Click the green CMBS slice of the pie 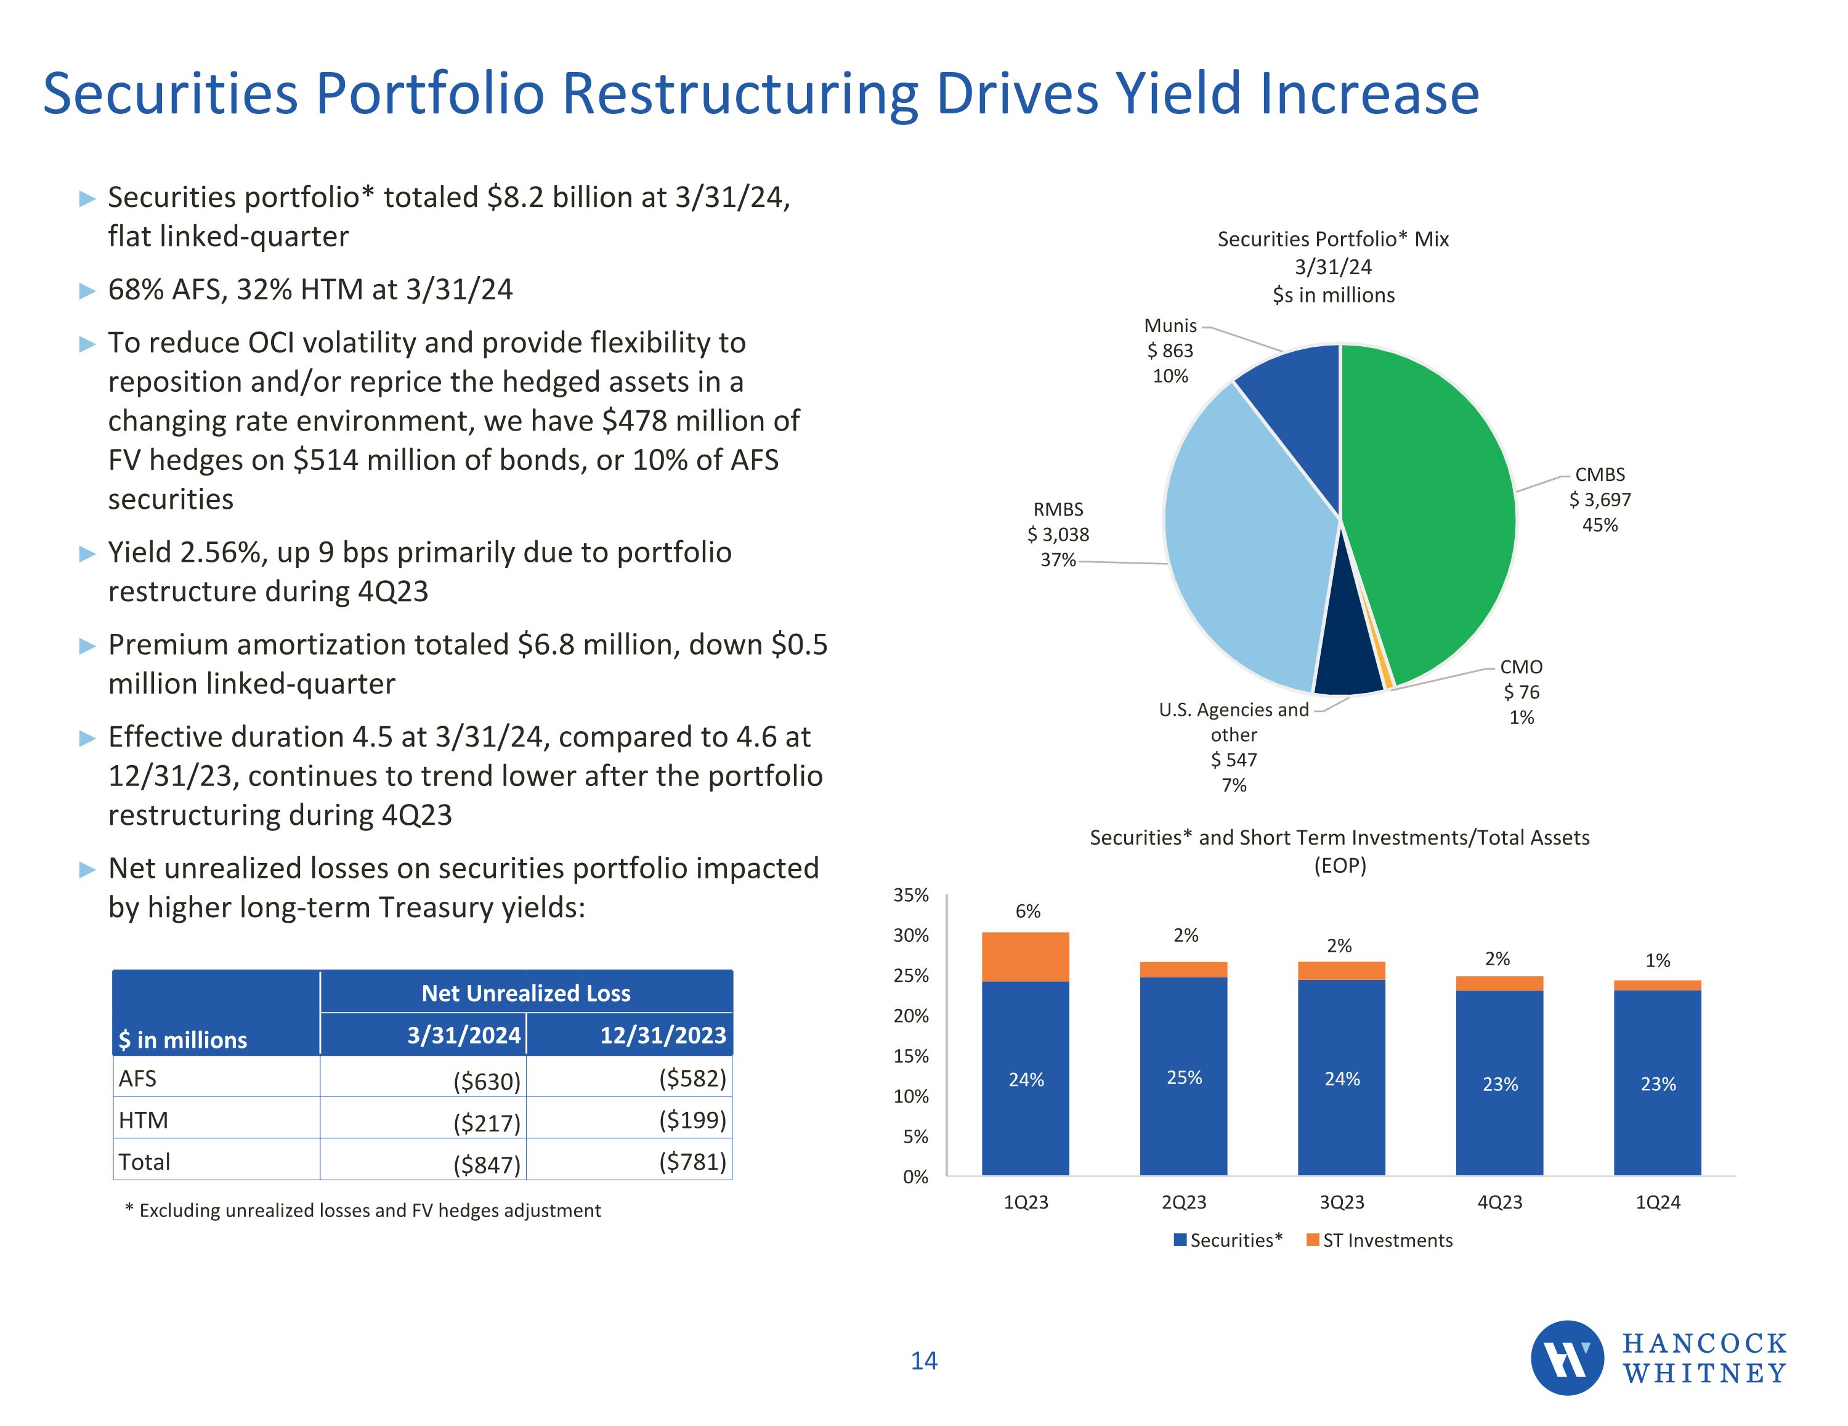1430,508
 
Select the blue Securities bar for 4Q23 1499,1084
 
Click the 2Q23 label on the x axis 1184,1202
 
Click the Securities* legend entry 1229,1241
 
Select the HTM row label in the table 144,1120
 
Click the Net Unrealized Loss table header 525,994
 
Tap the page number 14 923,1361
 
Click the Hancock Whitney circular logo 1567,1358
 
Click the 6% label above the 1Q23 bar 1027,912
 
